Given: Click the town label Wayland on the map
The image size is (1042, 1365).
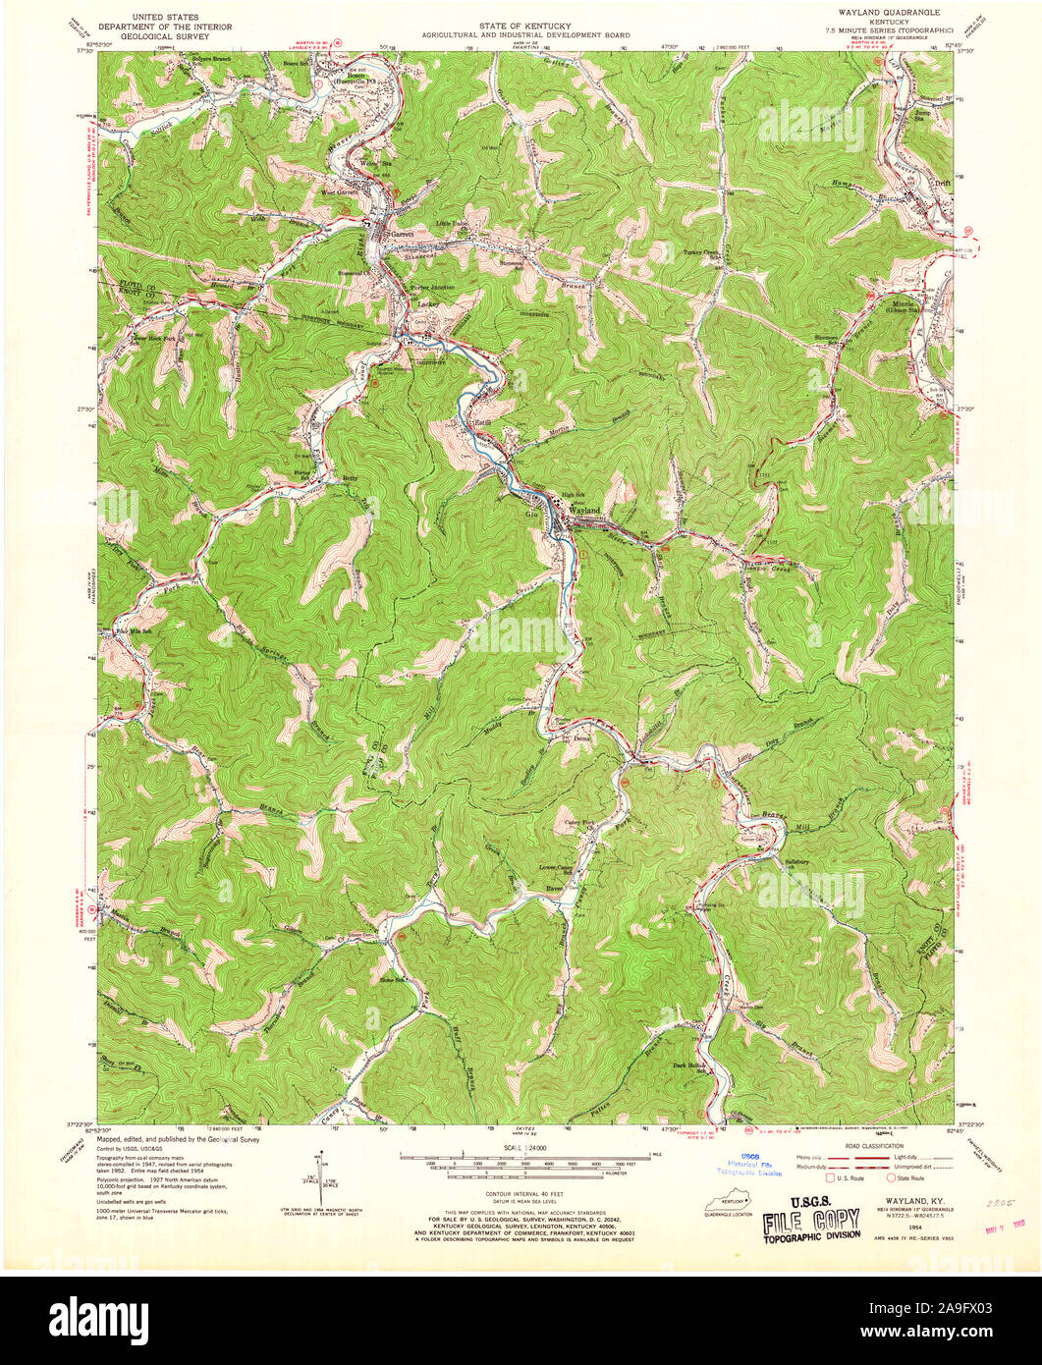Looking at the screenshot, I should coord(584,512).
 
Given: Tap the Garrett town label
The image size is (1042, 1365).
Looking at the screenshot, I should coord(402,236).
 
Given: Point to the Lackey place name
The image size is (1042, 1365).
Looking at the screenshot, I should coord(426,304).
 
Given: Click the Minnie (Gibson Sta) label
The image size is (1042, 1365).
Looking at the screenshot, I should coord(902,305).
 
